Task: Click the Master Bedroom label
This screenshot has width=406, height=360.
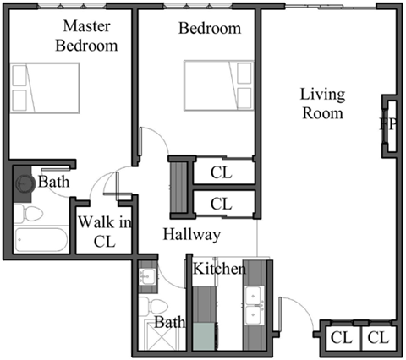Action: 85,36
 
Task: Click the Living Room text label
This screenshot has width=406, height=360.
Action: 323,104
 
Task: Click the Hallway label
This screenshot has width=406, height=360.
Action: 192,234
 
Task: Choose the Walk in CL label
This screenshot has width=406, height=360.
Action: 104,230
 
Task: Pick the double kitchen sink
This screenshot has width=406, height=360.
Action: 253,306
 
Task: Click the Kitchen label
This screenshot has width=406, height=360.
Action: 219,270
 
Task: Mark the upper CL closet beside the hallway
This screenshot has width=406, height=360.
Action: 222,172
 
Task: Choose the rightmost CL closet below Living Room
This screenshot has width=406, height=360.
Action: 377,338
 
